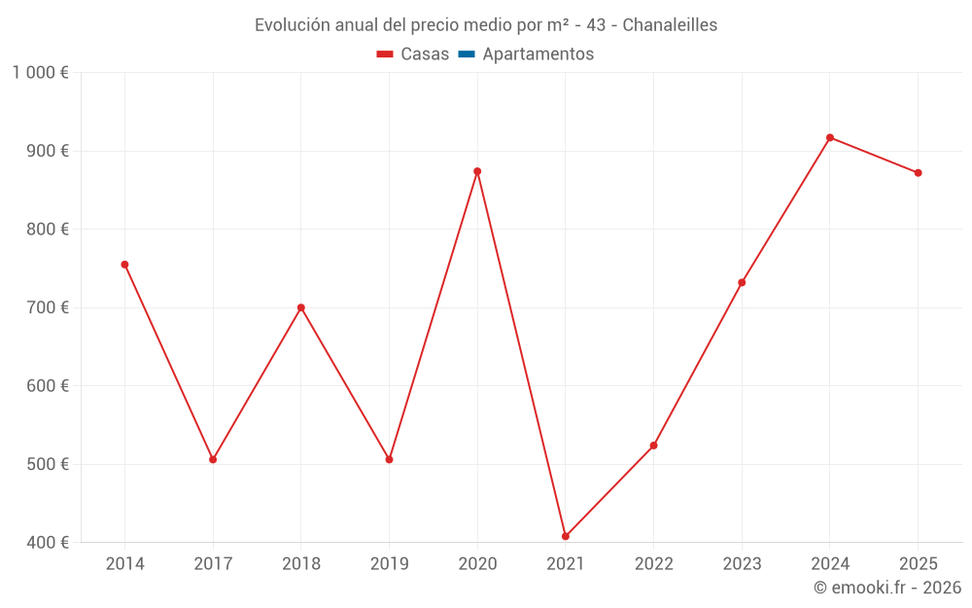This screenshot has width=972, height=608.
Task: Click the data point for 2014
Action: (124, 265)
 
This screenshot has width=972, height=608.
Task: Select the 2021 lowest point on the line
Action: (566, 536)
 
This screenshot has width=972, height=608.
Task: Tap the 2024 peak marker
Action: (830, 137)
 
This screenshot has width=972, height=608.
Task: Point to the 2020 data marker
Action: (477, 171)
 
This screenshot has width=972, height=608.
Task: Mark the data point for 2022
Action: (654, 446)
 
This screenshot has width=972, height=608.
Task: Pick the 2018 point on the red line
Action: (301, 307)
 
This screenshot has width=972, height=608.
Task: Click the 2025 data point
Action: (919, 173)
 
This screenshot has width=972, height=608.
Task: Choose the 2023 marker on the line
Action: (742, 283)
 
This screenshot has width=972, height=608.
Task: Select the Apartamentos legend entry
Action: (538, 54)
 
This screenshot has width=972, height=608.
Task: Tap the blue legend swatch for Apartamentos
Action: (466, 54)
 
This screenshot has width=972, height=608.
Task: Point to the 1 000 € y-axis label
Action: (40, 73)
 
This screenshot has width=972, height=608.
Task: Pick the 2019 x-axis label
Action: (389, 564)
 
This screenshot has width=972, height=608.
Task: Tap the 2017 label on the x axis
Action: (213, 564)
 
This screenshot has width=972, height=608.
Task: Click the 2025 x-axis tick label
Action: (919, 564)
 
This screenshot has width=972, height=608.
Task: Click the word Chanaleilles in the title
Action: (670, 25)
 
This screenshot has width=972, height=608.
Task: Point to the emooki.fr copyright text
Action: (887, 588)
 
